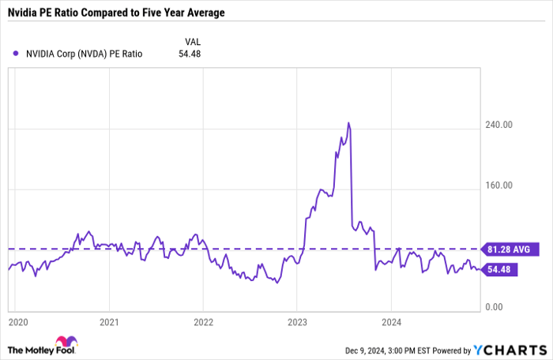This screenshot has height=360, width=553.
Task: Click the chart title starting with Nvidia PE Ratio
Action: point(115,13)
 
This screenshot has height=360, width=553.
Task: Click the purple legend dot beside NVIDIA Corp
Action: point(17,54)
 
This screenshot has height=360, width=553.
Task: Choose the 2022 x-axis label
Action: point(203,323)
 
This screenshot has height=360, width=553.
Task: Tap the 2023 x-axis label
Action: point(297,323)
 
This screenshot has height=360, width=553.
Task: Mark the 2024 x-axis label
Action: point(391,323)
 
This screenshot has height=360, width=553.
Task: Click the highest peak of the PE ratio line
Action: point(348,123)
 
